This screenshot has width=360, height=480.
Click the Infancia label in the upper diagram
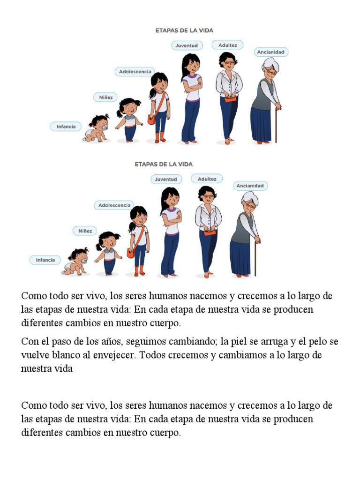click(66, 126)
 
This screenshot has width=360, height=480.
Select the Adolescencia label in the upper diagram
click(135, 71)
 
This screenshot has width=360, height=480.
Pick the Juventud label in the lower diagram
click(166, 179)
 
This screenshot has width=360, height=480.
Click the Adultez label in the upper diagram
click(228, 45)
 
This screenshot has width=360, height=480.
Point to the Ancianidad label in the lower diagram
click(250, 186)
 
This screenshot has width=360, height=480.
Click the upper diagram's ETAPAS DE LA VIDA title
click(184, 30)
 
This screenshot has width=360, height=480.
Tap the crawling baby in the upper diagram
click(97, 128)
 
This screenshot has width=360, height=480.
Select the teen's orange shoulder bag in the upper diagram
click(151, 119)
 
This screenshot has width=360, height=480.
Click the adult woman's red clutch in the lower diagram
click(210, 232)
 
